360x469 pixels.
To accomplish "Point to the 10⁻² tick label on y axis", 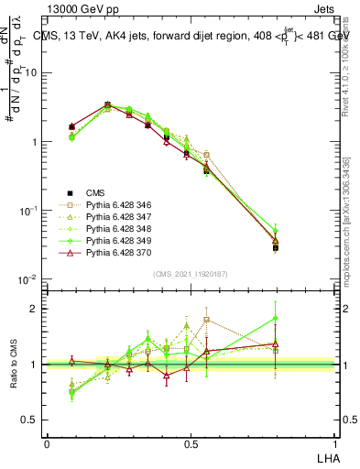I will pyautogui.click(x=30, y=279).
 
